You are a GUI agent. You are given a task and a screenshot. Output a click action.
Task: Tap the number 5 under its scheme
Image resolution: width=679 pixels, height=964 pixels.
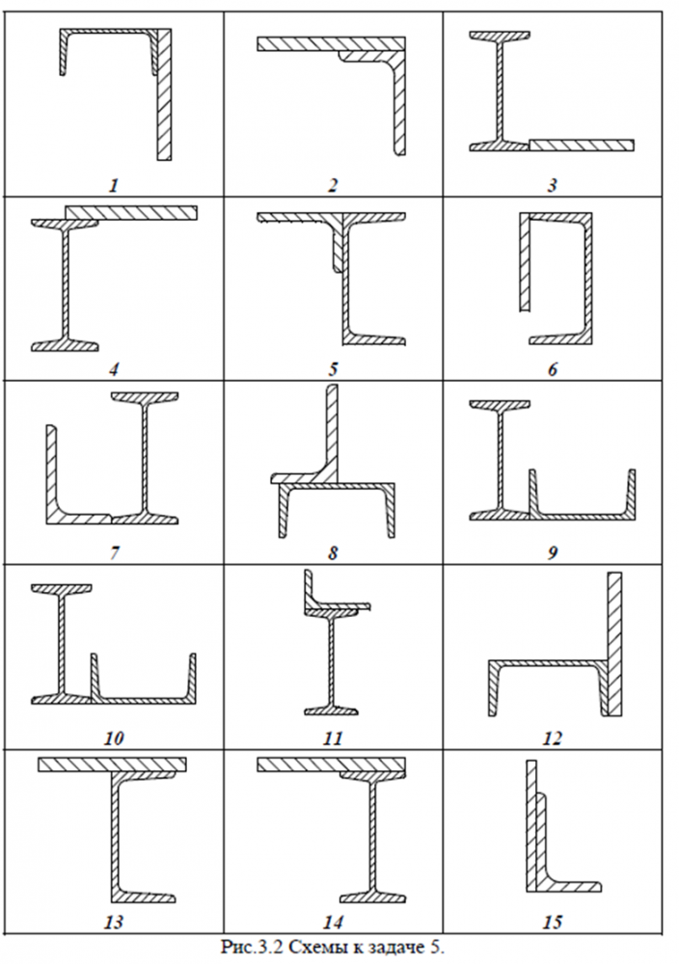click(x=333, y=368)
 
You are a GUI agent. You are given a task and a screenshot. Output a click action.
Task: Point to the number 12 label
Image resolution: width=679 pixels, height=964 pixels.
click(x=552, y=738)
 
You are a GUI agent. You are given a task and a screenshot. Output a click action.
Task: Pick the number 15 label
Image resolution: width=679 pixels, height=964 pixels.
click(x=552, y=923)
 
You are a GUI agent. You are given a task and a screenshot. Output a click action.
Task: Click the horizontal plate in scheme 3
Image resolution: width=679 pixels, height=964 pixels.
click(x=582, y=145)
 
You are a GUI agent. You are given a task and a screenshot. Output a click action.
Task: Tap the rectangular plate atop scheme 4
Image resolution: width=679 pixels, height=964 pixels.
click(x=131, y=212)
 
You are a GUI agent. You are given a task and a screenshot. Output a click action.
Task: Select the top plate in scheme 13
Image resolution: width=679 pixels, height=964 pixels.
click(x=112, y=764)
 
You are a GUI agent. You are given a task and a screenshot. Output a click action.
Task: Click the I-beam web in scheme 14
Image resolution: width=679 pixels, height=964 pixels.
click(x=369, y=829)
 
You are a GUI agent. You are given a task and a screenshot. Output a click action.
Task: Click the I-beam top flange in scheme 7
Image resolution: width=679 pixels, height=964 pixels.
click(x=148, y=397)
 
